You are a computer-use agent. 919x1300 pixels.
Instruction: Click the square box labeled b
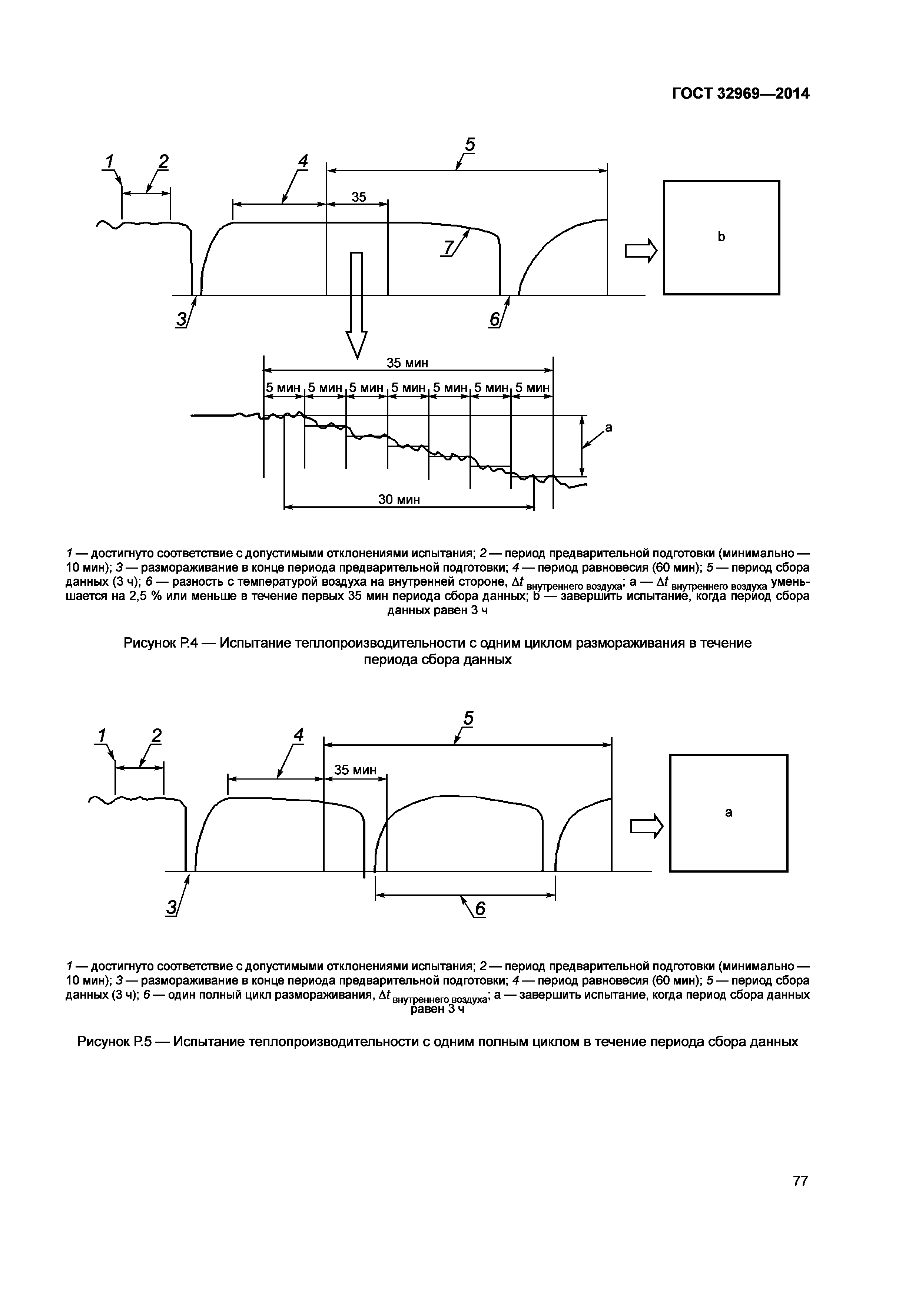(721, 237)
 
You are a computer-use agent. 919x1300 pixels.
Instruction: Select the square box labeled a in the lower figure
(728, 813)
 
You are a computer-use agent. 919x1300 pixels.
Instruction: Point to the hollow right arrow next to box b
(641, 250)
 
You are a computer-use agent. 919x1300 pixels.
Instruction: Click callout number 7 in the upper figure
(448, 247)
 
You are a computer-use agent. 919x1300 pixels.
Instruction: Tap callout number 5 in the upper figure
(470, 145)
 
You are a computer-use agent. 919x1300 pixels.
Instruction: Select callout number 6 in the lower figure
(480, 909)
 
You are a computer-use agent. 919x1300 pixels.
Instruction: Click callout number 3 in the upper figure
(181, 319)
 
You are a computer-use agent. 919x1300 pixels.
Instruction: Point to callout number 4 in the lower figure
(298, 735)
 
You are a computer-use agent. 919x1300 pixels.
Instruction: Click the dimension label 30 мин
(399, 499)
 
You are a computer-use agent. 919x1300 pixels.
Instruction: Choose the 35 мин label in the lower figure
(355, 770)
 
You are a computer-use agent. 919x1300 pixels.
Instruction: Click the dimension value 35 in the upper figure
(359, 197)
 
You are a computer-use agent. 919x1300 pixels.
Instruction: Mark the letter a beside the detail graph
(608, 428)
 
